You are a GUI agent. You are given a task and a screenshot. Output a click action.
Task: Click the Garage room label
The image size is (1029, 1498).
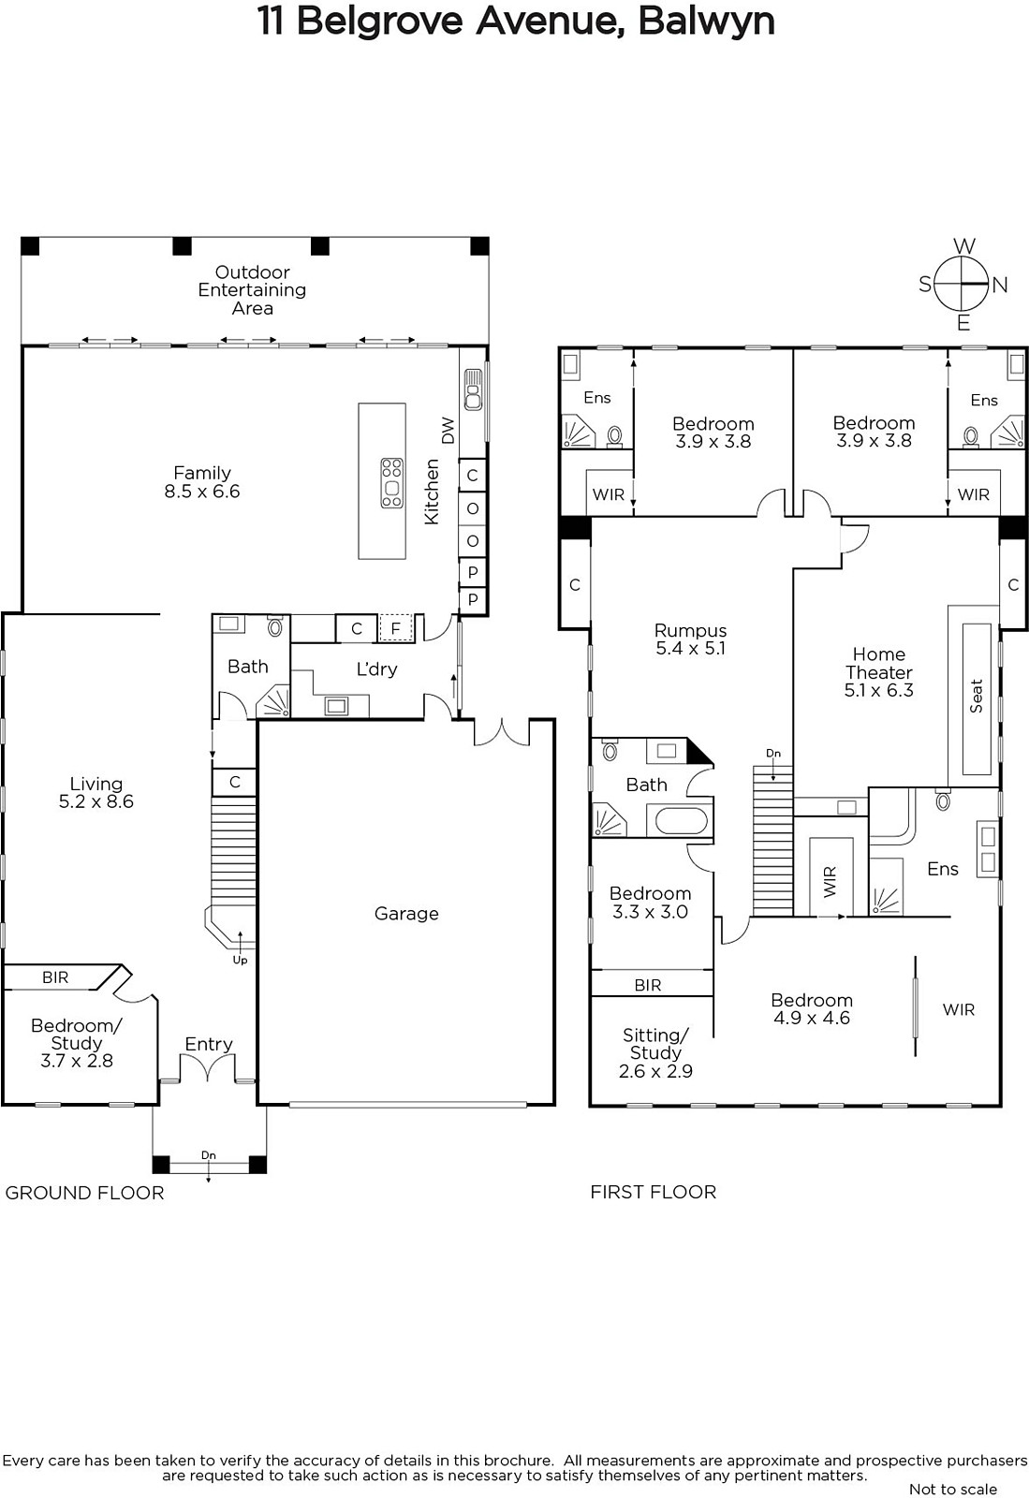406,914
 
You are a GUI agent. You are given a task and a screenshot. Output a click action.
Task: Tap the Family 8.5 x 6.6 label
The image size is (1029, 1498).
202,482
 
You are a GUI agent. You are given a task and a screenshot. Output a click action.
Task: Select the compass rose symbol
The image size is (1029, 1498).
963,285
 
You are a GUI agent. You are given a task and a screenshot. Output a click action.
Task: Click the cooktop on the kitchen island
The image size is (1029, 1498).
391,483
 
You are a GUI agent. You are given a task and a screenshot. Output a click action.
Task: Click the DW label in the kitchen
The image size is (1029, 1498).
448,430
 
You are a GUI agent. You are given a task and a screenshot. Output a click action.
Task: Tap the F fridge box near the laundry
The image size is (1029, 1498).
395,628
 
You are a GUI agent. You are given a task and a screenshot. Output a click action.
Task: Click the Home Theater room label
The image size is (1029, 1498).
878,672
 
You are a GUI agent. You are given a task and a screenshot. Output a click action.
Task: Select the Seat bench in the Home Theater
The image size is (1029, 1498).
977,699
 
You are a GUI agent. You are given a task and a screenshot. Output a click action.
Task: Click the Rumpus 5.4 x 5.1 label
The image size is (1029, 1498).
691,639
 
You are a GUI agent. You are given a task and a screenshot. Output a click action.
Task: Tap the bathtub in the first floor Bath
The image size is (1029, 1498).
682,820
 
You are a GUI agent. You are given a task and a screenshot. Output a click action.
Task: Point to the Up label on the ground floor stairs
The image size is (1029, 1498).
240,961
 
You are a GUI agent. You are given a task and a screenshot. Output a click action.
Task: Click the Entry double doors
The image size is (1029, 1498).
208,1067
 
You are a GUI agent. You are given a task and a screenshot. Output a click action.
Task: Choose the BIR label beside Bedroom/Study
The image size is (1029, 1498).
55,977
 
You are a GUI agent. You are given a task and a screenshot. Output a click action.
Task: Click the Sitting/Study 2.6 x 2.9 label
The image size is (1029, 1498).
655,1053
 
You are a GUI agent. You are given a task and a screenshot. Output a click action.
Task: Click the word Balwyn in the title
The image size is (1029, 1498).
706,21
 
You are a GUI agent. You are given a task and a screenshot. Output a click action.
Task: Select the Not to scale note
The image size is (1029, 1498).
953,1490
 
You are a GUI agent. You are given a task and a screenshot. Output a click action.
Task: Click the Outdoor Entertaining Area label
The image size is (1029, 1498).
252,290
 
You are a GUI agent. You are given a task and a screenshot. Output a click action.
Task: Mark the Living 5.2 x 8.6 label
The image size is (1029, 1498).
96,792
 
